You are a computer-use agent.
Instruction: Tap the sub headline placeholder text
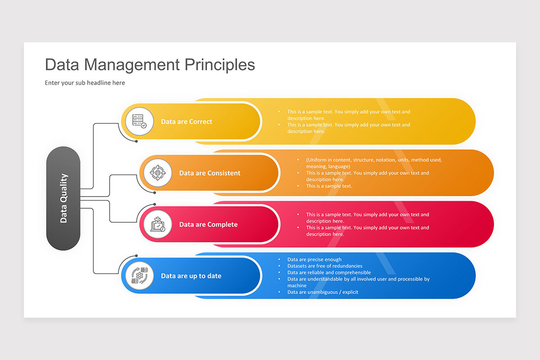coord(85,83)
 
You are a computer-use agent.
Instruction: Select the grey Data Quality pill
coord(63,198)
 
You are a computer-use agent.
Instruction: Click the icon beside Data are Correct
coord(139,121)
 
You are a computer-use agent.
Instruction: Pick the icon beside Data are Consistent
coord(158,173)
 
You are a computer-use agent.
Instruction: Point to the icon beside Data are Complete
coord(158,224)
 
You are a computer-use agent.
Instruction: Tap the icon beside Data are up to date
coord(139,275)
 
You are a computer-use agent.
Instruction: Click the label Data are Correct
coord(186,121)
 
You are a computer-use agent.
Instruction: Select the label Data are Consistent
coord(210,173)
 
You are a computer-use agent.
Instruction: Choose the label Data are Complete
coord(208,225)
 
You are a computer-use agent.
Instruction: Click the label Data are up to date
coord(191,276)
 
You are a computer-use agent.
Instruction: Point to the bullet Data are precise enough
coord(314,260)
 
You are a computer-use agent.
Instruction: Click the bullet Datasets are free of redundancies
coord(324,266)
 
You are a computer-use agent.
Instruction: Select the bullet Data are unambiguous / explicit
coord(323,292)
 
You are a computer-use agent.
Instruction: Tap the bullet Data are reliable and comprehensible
coord(329,272)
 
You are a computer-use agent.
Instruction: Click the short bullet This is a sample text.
coord(329,186)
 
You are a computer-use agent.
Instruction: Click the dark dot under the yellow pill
coord(136,141)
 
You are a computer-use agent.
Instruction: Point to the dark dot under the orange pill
coord(155,193)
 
